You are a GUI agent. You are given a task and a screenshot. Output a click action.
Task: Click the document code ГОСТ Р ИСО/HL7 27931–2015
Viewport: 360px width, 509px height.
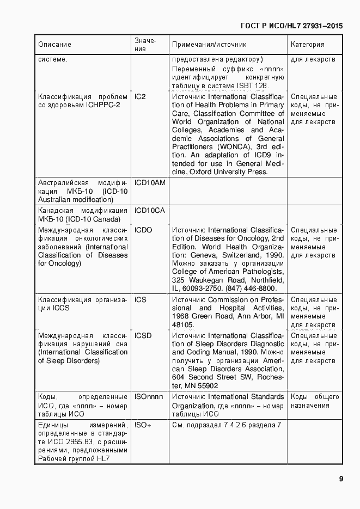291,25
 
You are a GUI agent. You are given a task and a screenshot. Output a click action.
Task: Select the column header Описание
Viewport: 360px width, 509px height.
54,45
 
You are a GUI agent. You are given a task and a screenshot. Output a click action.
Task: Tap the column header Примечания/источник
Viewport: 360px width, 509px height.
209,45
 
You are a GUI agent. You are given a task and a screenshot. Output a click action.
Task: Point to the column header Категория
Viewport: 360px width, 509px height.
308,45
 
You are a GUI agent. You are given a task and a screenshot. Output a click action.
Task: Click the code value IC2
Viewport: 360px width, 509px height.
140,96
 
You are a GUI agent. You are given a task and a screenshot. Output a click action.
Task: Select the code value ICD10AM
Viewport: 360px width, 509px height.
150,182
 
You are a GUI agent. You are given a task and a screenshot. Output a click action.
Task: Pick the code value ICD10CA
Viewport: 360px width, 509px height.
149,210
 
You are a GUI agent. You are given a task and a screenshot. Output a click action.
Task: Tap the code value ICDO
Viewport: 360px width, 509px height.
143,230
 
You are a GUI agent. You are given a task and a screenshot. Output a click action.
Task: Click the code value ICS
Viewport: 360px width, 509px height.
141,300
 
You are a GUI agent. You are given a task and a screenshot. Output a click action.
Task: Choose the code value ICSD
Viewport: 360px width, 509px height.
143,336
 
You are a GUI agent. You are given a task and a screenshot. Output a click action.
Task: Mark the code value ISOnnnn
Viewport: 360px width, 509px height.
149,397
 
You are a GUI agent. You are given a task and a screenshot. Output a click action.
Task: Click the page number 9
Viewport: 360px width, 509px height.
340,479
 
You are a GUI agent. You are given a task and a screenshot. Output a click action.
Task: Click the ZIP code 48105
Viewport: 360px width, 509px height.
183,325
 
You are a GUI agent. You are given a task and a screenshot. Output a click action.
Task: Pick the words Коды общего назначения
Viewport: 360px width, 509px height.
315,401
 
